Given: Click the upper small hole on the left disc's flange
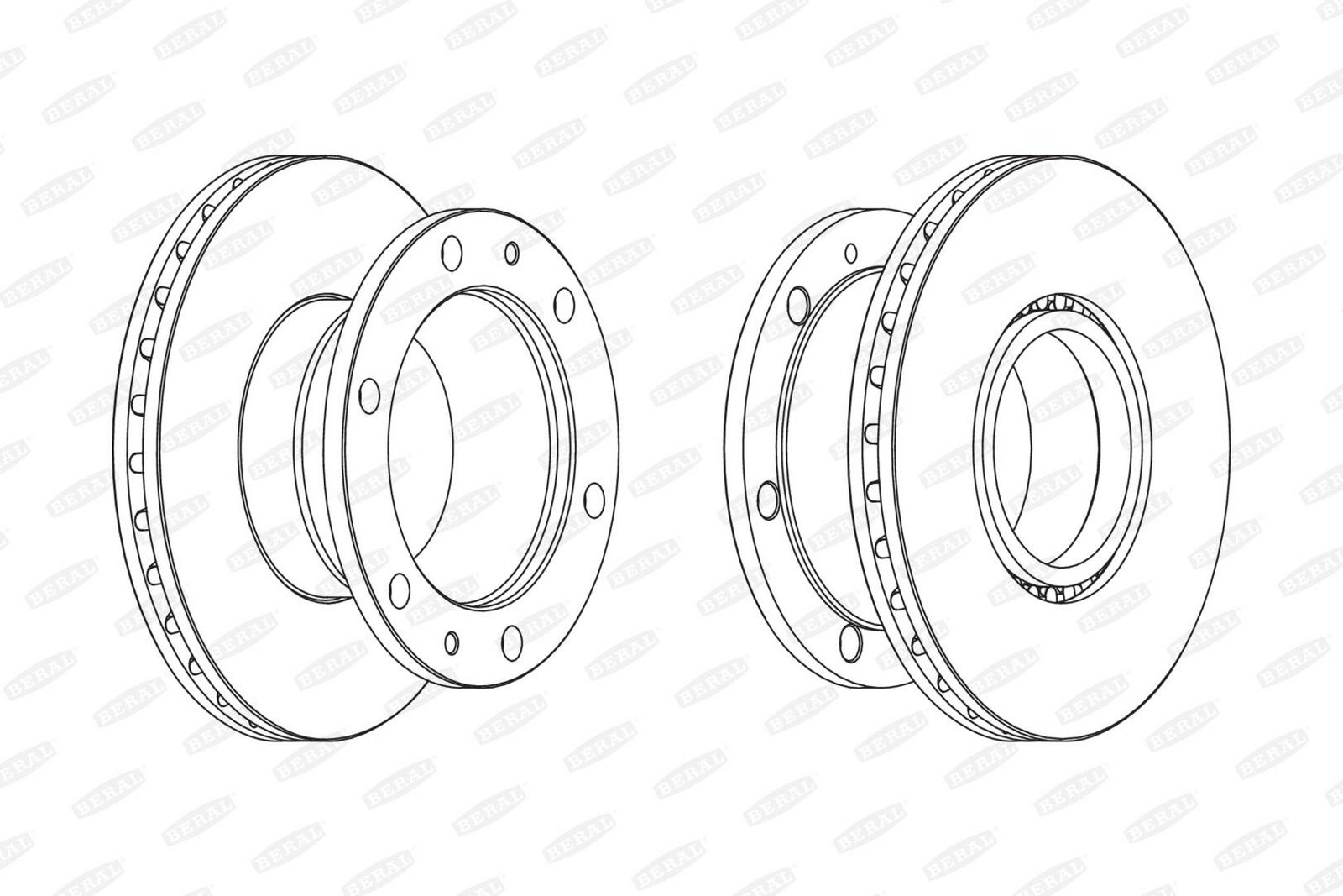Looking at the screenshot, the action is point(511,253).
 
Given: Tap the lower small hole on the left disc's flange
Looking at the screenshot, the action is point(452,643).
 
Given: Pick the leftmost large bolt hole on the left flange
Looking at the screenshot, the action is point(369,396).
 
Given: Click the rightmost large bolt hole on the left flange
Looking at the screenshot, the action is point(595,500).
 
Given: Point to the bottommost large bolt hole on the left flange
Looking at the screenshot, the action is point(511,643).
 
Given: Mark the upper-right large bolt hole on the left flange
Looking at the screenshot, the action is point(564,306).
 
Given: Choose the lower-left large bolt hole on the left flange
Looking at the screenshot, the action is point(400,590).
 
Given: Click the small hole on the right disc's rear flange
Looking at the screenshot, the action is point(851,253).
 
